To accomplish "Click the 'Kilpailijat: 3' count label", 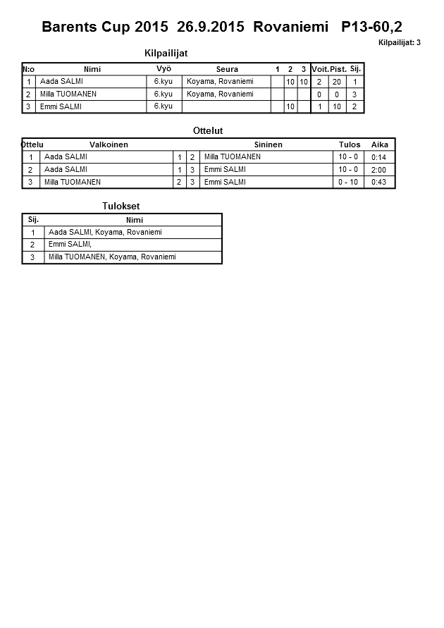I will pyautogui.click(x=399, y=43).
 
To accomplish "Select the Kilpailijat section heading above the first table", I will pyautogui.click(x=166, y=54).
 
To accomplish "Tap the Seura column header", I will pyautogui.click(x=227, y=69).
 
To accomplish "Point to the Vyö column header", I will pyautogui.click(x=164, y=68).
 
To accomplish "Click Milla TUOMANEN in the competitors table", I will pyautogui.click(x=68, y=94).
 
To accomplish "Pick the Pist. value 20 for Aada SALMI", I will pyautogui.click(x=337, y=82).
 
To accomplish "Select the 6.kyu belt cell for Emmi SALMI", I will pyautogui.click(x=163, y=106).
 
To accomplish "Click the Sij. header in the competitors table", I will pyautogui.click(x=355, y=68).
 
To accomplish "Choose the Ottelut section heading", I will pyautogui.click(x=208, y=130).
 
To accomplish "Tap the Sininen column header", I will pyautogui.click(x=268, y=144).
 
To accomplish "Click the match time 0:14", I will pyautogui.click(x=379, y=157).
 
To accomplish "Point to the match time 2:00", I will pyautogui.click(x=379, y=170).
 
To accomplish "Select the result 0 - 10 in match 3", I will pyautogui.click(x=348, y=182).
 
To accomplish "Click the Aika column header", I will pyautogui.click(x=379, y=144).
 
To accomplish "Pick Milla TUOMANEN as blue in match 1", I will pyautogui.click(x=232, y=156).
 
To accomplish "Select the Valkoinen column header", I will pyautogui.click(x=109, y=144).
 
